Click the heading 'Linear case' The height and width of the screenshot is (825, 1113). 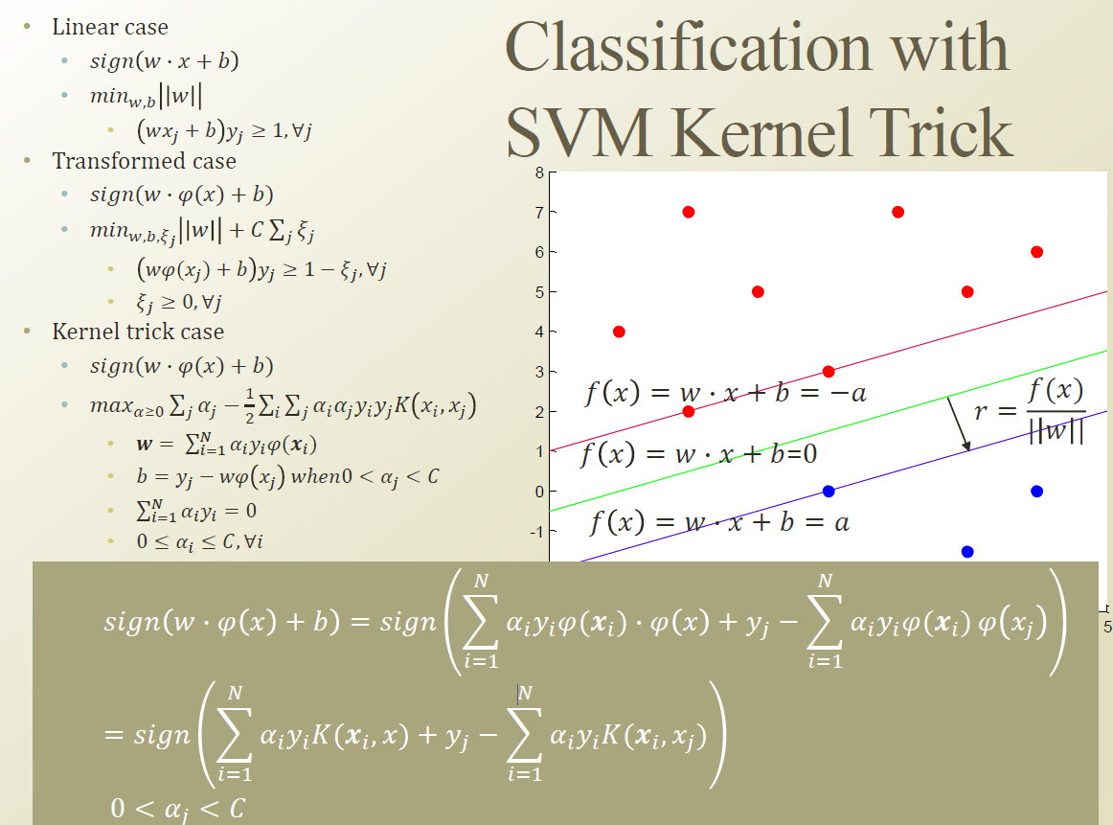point(110,27)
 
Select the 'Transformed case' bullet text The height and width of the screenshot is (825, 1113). point(144,161)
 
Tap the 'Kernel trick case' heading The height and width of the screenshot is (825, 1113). point(138,332)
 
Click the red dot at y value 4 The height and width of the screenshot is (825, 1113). point(619,332)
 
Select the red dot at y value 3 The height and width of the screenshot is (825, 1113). point(829,372)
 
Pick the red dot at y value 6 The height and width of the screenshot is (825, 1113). point(1036,252)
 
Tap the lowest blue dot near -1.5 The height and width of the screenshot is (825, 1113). point(967,551)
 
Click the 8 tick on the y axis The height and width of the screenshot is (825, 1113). point(539,172)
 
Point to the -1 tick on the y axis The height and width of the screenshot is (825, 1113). point(537,532)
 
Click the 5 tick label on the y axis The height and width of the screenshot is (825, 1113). point(539,292)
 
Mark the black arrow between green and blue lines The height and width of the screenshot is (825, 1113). point(959,424)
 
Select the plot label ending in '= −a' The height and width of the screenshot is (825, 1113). point(725,393)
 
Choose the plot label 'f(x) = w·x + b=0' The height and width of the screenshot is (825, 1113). point(699,453)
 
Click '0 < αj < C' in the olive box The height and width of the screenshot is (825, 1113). point(178,808)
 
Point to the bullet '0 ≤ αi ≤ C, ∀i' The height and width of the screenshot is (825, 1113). point(199,541)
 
